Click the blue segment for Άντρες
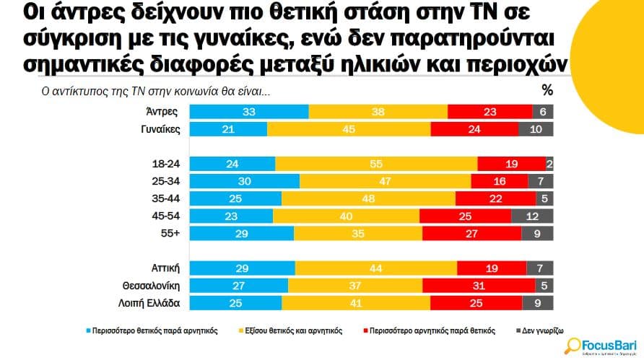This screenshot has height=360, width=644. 248,112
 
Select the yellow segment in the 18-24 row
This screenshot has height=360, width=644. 376,164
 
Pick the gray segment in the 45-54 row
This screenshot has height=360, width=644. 532,216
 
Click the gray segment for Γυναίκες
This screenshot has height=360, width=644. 536,129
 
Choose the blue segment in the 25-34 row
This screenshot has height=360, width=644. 244,181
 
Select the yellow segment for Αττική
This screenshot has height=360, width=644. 375,268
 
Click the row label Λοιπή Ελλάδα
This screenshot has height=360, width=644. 149,303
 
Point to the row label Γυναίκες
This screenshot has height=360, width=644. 159,129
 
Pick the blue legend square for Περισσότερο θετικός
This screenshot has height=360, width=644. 90,330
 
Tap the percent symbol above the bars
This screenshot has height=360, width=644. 547,90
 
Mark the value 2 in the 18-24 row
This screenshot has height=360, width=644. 549,164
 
